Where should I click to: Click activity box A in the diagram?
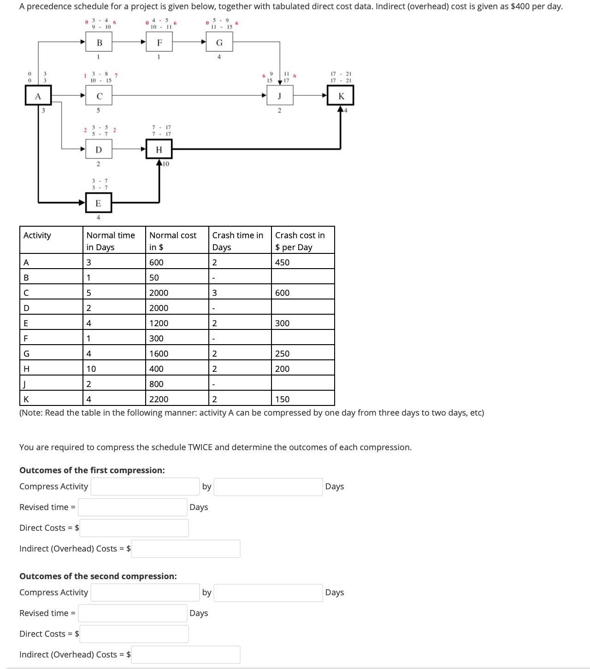click(38, 96)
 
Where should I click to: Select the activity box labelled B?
click(99, 43)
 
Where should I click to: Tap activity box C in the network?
click(99, 96)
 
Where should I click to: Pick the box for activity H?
click(159, 149)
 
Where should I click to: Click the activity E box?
click(98, 203)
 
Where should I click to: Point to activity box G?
click(219, 43)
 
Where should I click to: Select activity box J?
click(279, 96)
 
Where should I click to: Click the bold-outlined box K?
click(341, 96)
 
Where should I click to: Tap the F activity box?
click(159, 43)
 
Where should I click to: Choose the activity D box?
click(99, 149)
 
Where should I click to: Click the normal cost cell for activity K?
click(177, 399)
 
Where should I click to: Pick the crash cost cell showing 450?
click(303, 262)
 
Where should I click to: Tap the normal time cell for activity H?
click(114, 369)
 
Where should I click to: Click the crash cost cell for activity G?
click(303, 353)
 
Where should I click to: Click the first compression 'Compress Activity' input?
click(145, 487)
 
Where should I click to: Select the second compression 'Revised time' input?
click(133, 613)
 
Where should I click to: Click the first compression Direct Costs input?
click(134, 528)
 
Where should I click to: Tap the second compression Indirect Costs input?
click(185, 655)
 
